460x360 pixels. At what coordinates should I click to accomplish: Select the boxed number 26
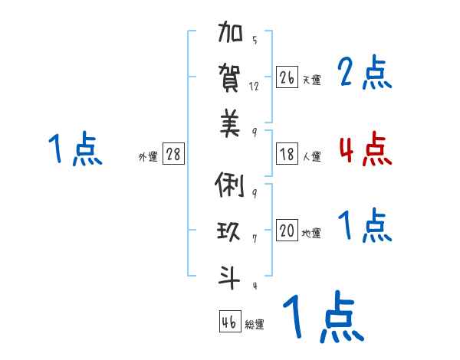(287, 77)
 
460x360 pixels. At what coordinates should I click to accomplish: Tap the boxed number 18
(287, 154)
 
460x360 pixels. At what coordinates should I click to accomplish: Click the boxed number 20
(287, 231)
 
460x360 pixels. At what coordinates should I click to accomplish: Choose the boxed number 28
(173, 154)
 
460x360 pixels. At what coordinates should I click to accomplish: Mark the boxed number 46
(229, 322)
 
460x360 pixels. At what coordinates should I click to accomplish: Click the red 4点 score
(365, 149)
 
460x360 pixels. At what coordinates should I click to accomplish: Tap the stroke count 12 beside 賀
(255, 86)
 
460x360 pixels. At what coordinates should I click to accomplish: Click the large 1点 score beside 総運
(323, 316)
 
